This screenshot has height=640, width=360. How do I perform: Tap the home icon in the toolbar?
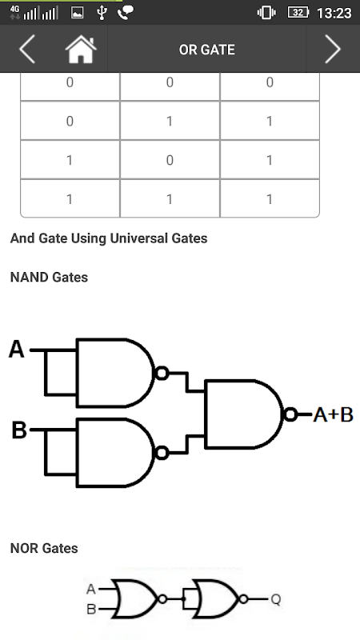click(x=81, y=50)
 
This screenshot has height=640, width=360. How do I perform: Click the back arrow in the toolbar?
click(x=27, y=49)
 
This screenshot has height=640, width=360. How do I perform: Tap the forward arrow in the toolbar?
click(x=333, y=49)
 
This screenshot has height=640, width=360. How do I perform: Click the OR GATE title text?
click(x=207, y=50)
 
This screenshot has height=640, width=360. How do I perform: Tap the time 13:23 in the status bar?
click(x=334, y=13)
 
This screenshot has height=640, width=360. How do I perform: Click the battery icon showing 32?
click(x=298, y=13)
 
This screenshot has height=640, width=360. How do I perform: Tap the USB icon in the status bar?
click(x=102, y=13)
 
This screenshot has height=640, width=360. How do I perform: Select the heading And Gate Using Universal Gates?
click(x=109, y=238)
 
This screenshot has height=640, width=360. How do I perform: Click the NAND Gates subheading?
click(x=49, y=278)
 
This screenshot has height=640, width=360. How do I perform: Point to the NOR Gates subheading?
click(x=44, y=548)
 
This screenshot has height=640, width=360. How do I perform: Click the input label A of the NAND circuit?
click(x=17, y=350)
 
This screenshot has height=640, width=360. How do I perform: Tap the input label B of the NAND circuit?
click(x=18, y=430)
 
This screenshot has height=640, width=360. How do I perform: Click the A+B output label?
click(x=333, y=415)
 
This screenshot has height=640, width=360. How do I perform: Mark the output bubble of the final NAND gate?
click(x=290, y=414)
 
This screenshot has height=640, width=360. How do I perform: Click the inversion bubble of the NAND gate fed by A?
click(x=162, y=373)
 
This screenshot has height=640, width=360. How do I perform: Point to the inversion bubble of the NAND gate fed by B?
click(x=162, y=453)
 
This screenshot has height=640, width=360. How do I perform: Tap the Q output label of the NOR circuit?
click(x=276, y=599)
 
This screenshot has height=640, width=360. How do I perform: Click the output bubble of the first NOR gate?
click(x=162, y=599)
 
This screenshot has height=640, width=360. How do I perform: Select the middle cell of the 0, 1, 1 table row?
click(x=170, y=121)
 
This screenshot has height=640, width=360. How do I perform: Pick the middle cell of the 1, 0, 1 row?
click(x=170, y=159)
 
